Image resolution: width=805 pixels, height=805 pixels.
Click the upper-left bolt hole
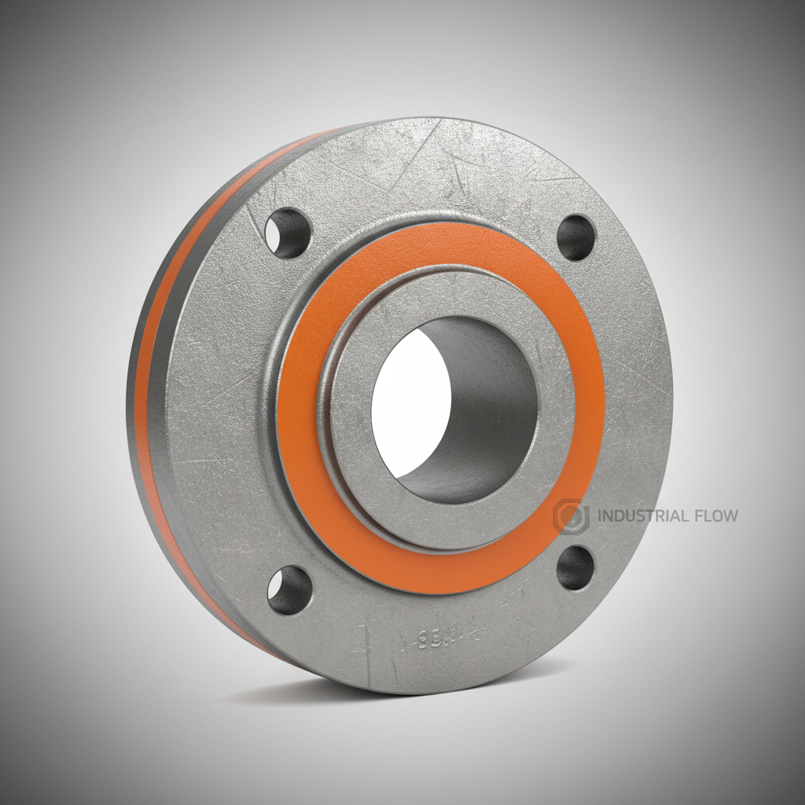[x=288, y=233]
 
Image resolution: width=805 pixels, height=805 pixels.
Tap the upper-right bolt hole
[x=576, y=237]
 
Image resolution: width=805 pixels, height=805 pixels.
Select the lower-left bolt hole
[x=289, y=590]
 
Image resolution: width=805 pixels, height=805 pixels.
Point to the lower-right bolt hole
[x=576, y=568]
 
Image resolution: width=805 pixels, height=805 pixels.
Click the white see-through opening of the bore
[x=409, y=401]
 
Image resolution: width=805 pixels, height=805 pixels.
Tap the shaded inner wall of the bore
[x=487, y=409]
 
